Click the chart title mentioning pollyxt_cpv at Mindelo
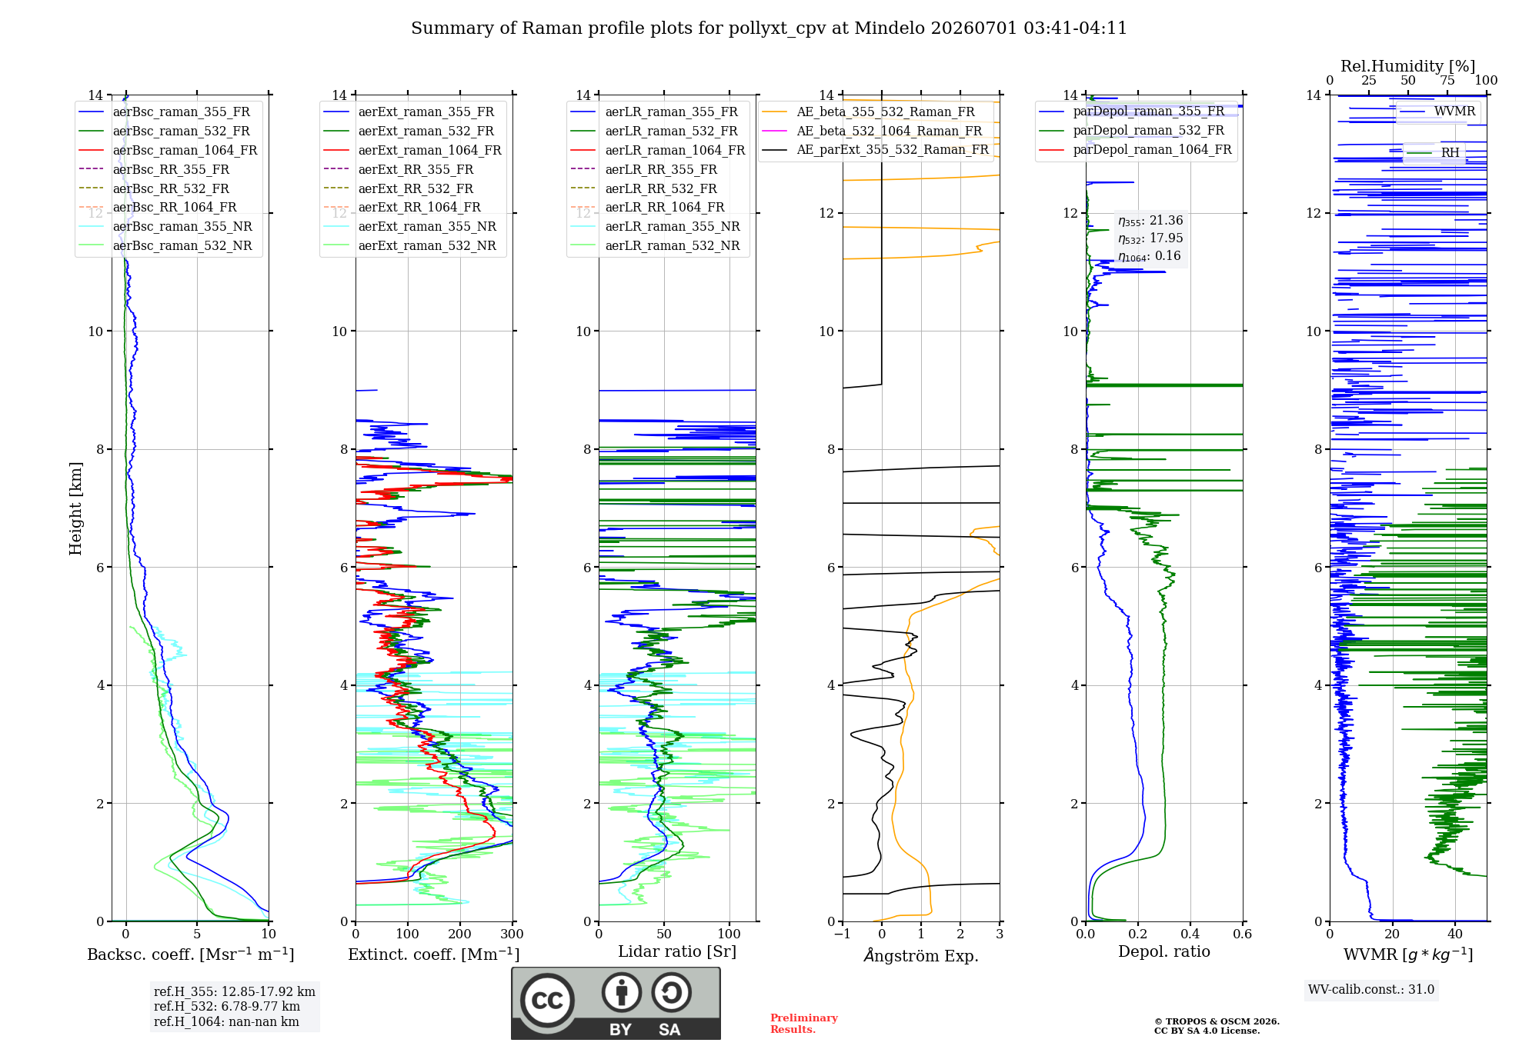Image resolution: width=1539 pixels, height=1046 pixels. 769,28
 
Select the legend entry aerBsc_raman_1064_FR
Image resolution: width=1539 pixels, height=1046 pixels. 185,150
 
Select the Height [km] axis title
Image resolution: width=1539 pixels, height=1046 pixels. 75,508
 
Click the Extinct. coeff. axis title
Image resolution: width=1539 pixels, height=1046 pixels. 434,954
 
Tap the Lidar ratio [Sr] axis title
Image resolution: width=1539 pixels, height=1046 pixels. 677,951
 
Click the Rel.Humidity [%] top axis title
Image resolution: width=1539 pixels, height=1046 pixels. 1408,66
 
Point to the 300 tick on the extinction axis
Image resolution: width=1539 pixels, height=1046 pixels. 512,934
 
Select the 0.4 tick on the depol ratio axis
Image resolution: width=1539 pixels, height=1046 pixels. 1190,934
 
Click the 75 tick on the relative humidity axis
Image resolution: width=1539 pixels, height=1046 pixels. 1447,80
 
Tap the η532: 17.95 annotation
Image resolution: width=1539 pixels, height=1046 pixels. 1150,238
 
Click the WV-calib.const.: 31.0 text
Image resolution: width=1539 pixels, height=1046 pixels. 1371,989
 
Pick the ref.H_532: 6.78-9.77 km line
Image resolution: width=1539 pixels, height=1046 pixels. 227,1006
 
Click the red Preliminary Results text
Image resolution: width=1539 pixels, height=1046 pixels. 804,1024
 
